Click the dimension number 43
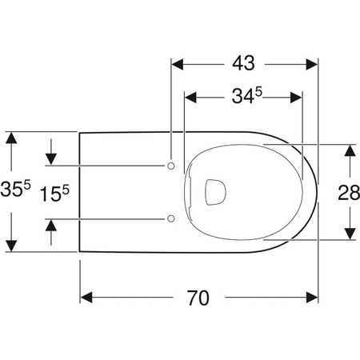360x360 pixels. point(245,61)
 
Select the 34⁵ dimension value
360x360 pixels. point(245,98)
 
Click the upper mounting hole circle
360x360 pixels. point(171,165)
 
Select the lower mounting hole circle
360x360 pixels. point(171,218)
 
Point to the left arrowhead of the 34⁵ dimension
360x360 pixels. point(190,98)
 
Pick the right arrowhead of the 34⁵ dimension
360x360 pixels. point(298,98)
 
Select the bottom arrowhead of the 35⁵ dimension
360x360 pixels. point(10,245)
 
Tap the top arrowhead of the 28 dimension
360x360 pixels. point(350,150)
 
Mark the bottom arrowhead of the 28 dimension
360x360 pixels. point(350,233)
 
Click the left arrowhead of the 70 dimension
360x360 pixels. point(86,298)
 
